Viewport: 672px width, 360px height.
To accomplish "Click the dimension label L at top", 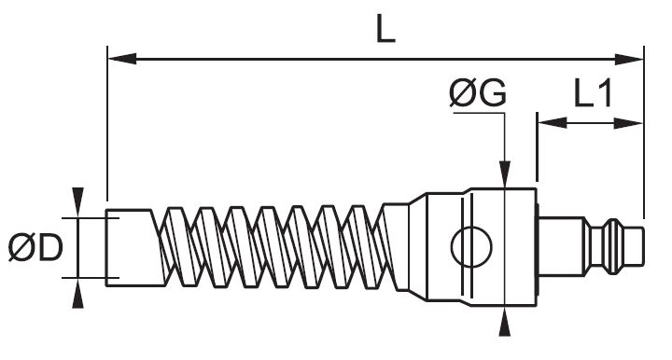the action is (x=385, y=29).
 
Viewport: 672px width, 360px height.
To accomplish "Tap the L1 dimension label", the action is (x=593, y=93).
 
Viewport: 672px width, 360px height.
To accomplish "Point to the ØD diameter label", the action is (x=35, y=247).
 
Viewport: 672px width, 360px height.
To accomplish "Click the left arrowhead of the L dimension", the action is (x=122, y=59).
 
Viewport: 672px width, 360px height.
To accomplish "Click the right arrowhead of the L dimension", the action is (x=629, y=59).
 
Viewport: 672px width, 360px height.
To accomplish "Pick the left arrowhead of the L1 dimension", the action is (x=553, y=123).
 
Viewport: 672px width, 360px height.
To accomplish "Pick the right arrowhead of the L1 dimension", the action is (x=628, y=123).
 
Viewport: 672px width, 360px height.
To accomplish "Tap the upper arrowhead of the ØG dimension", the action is (x=505, y=174).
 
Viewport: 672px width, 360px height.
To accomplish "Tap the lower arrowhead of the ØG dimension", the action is (x=505, y=322).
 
